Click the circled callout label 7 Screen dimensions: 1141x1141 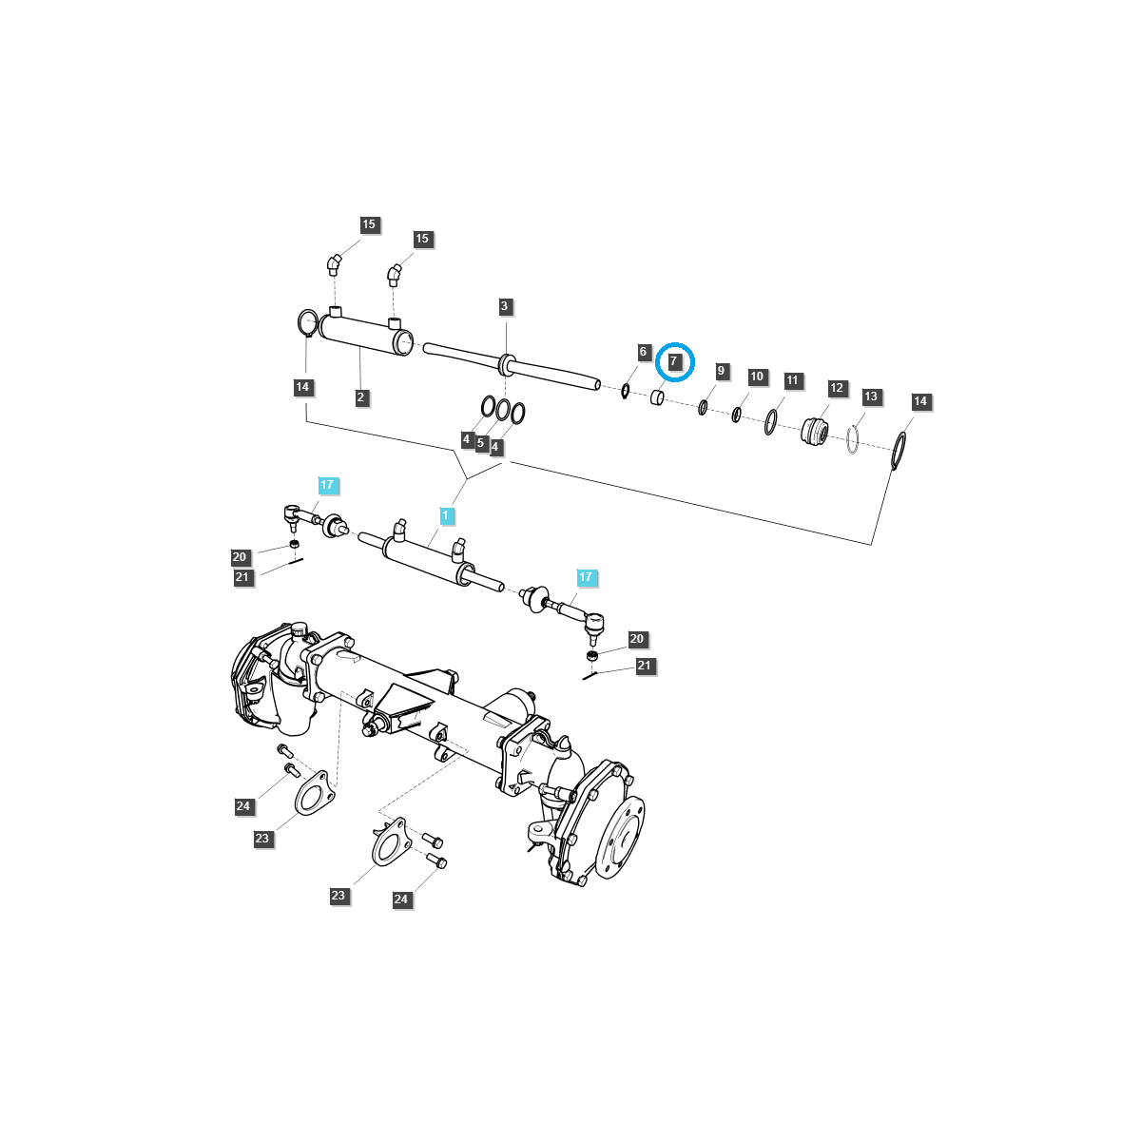click(x=673, y=361)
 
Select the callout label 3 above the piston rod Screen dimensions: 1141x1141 click(x=505, y=306)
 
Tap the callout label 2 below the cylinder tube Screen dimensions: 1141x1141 click(x=361, y=397)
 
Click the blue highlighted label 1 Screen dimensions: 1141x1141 click(x=445, y=515)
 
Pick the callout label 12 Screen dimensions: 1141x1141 click(x=837, y=388)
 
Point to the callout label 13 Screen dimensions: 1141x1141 click(x=871, y=396)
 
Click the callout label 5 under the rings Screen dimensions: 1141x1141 click(x=481, y=443)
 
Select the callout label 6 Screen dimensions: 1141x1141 click(x=643, y=352)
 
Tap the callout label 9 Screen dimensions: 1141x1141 click(x=721, y=371)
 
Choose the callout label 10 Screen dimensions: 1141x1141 click(x=757, y=377)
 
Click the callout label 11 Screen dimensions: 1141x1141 click(x=793, y=380)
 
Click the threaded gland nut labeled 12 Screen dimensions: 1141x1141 click(x=815, y=430)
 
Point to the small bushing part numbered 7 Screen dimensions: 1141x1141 click(x=657, y=396)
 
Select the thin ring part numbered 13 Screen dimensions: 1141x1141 click(x=853, y=439)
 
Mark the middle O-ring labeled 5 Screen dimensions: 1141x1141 click(x=502, y=411)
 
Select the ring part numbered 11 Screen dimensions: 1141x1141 click(x=770, y=421)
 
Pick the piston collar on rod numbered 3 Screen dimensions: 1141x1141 click(x=506, y=364)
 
